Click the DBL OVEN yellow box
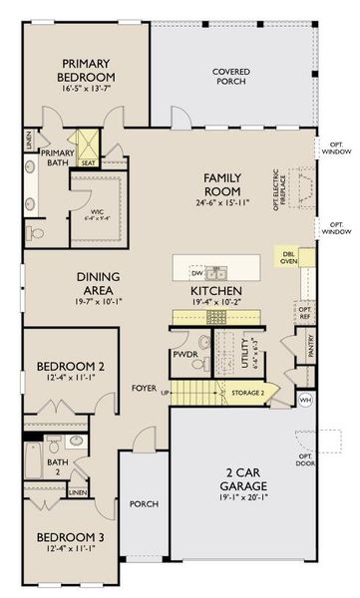[289, 257]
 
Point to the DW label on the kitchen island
[198, 271]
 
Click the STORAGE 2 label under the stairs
[249, 392]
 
